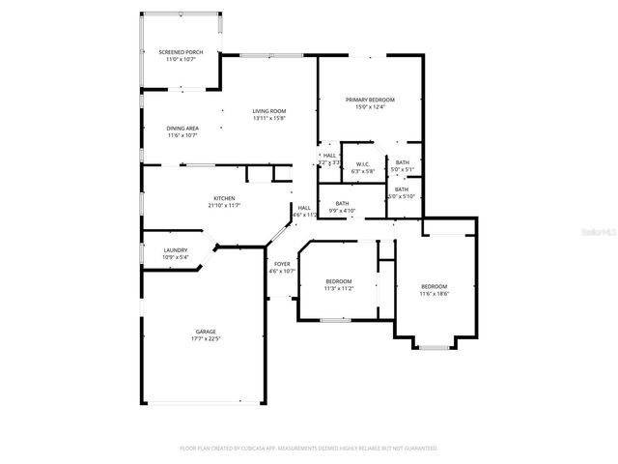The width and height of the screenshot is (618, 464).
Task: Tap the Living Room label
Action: point(269,111)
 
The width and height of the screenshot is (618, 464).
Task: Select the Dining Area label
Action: point(183,128)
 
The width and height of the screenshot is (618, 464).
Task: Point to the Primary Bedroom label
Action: point(370,100)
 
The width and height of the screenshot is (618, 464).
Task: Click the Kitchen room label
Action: point(225,198)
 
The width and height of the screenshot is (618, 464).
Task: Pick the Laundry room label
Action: point(175,250)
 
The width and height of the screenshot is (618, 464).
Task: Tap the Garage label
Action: point(206,332)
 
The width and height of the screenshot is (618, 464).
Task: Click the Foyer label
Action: point(282,264)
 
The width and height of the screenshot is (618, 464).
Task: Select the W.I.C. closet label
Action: point(363,163)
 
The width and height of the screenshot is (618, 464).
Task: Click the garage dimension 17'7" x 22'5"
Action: point(206,339)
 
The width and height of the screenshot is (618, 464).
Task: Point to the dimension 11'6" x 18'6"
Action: point(434,294)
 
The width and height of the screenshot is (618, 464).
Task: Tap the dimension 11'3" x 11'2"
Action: point(338,288)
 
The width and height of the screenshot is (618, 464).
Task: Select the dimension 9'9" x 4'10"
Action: point(342,210)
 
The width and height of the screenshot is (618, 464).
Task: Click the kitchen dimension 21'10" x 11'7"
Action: point(225,205)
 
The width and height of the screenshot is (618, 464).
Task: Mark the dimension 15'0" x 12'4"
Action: point(370,107)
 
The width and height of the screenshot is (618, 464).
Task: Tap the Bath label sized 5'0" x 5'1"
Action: point(402,162)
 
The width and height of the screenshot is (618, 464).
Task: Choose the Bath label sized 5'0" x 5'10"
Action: point(401,189)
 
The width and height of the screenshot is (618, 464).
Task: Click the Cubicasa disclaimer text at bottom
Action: point(309,449)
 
